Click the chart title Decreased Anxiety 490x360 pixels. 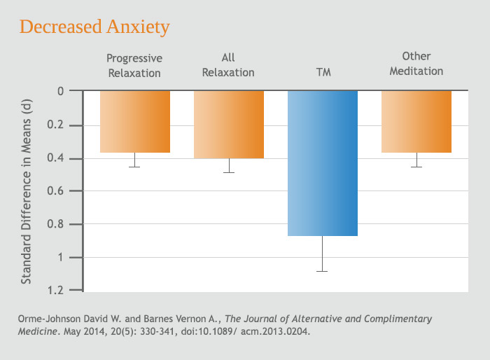coord(94,27)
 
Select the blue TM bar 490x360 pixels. coord(323,163)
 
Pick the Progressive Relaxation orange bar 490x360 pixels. coord(135,121)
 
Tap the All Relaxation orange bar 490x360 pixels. coord(229,124)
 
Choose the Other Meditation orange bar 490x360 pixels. coord(416,121)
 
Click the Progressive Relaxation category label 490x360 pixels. coord(134,65)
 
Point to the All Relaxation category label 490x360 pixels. coord(228,65)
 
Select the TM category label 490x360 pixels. coord(323,71)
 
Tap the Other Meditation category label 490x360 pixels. coord(416,64)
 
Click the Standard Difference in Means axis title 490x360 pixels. coord(27,191)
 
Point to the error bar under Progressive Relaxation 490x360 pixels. coord(135,160)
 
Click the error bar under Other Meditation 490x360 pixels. coord(416,160)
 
